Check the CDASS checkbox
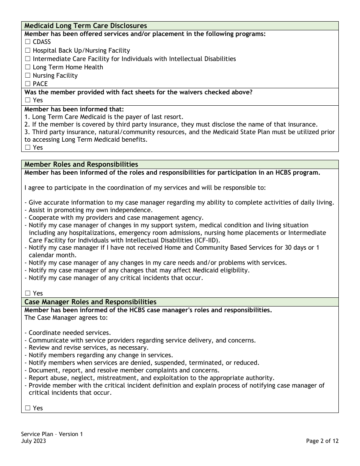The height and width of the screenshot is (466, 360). tap(28, 42)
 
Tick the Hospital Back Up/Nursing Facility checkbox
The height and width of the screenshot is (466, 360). tap(28, 50)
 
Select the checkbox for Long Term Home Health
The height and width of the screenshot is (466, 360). tap(28, 67)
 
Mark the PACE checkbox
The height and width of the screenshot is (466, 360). tap(28, 84)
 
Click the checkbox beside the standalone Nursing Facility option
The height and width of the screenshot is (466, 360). tap(28, 75)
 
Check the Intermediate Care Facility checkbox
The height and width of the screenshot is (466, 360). tap(28, 59)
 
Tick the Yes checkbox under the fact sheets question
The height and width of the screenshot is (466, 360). tap(28, 100)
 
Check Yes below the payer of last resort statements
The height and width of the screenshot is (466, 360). tap(28, 147)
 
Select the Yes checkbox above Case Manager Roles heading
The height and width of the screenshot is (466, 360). tap(28, 293)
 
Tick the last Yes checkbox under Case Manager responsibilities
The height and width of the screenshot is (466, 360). tap(28, 408)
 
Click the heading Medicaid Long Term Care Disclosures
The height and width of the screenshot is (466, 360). tap(86, 26)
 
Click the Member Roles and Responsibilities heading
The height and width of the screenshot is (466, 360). tap(81, 164)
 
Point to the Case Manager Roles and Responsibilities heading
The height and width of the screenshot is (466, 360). tap(90, 302)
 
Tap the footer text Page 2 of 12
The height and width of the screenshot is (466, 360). tap(322, 441)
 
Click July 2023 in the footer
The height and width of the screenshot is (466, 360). tap(34, 441)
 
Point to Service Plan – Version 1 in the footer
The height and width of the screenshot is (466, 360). tap(52, 434)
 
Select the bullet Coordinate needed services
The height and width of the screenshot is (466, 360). tap(67, 333)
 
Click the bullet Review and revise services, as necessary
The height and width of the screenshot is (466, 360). tap(86, 347)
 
